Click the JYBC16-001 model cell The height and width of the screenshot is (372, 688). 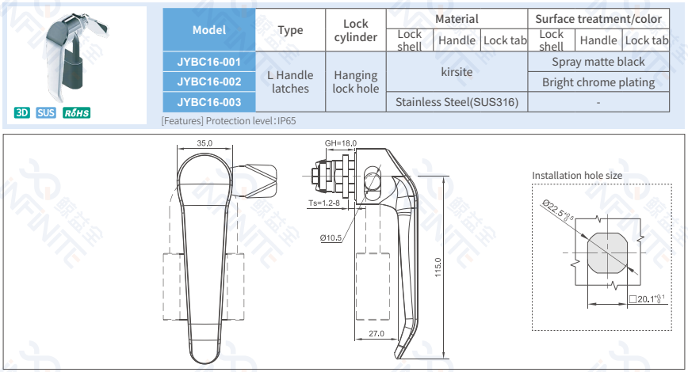(x=209, y=61)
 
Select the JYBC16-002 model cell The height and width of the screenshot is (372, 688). (x=209, y=81)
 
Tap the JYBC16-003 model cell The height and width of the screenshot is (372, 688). (x=209, y=101)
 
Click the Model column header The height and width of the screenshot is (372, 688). (x=209, y=30)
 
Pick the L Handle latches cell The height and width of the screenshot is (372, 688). (x=290, y=82)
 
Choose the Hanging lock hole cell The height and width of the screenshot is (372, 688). (x=355, y=82)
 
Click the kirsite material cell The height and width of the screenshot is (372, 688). (x=457, y=71)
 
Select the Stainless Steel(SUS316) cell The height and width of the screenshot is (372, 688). (x=457, y=101)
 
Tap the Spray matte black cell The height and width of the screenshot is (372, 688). (x=598, y=61)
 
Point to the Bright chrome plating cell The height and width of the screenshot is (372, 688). (x=598, y=82)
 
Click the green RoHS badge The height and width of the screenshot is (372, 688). (x=77, y=112)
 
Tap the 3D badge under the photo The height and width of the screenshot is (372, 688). (x=22, y=112)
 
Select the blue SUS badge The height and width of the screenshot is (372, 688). (x=46, y=112)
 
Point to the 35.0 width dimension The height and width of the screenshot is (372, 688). (x=204, y=143)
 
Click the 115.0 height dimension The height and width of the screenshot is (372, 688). (x=438, y=268)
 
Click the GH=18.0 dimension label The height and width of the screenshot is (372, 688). (x=341, y=143)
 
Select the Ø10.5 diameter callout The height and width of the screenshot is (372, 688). (x=331, y=237)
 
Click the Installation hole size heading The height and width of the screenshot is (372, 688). (x=577, y=175)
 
